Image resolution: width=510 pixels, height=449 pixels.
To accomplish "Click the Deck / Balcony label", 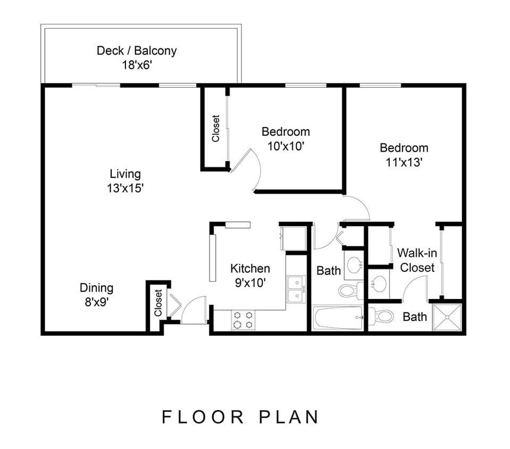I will [137, 51].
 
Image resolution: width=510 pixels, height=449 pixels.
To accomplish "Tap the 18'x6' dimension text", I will [137, 65].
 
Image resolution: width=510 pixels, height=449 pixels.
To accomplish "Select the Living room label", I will [126, 174].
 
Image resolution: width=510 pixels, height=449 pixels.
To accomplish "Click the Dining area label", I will [96, 288].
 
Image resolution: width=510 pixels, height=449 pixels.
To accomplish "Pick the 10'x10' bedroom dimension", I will [286, 146].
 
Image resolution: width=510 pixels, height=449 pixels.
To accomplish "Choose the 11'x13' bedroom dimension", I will [404, 162].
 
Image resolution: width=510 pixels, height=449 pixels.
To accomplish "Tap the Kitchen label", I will [250, 269].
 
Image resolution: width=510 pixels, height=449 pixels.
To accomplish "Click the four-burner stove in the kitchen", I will [243, 320].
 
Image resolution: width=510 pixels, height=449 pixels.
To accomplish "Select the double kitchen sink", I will [296, 289].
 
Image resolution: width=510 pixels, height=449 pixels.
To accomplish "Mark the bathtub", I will [338, 318].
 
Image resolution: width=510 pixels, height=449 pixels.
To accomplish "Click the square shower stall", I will [446, 317].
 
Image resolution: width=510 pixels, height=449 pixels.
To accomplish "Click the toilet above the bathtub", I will [349, 290].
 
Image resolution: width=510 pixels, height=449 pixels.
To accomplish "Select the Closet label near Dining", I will [158, 302].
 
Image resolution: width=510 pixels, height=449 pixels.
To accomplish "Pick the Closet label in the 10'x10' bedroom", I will [215, 128].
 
